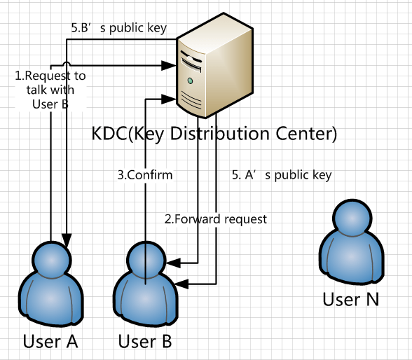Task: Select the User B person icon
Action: click(145, 284)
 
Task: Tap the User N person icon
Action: click(350, 242)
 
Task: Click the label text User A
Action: click(50, 342)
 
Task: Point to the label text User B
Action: click(145, 342)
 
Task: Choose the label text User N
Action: click(350, 299)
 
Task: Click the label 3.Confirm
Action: click(144, 174)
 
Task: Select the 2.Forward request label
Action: click(216, 219)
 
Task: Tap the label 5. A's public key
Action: click(281, 174)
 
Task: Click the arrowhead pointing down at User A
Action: click(66, 238)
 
